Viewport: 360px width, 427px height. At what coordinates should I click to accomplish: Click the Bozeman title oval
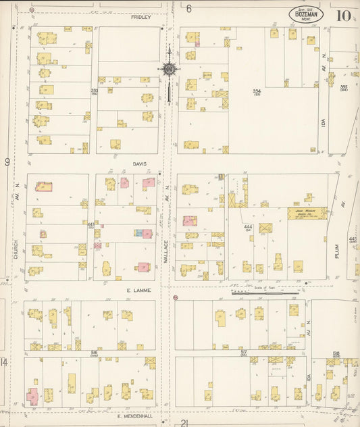[306, 14]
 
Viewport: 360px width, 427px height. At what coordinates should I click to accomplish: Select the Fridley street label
[140, 17]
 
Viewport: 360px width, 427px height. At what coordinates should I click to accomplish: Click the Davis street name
[139, 164]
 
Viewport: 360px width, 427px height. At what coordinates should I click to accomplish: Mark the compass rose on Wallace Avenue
[168, 70]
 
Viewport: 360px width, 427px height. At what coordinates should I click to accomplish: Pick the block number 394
[257, 91]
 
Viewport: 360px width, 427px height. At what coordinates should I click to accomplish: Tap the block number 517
[244, 352]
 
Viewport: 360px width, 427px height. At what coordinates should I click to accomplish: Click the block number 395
[344, 86]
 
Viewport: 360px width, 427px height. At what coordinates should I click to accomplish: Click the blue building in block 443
[138, 233]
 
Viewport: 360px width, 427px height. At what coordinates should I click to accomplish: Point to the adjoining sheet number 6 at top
[189, 9]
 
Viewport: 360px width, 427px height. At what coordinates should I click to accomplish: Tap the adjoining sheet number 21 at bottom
[184, 422]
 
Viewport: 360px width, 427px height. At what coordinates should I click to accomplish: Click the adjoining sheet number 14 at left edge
[4, 363]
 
